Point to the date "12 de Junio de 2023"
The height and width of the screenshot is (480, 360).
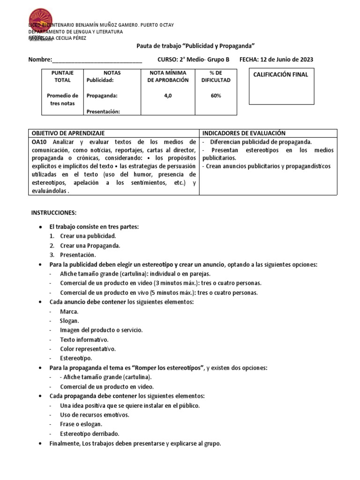tap(287, 60)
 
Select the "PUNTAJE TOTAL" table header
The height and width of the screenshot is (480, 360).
tap(62, 76)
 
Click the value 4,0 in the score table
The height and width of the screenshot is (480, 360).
tap(168, 96)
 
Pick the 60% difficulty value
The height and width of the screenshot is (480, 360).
tap(216, 96)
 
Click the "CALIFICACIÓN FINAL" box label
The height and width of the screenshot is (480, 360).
tap(281, 75)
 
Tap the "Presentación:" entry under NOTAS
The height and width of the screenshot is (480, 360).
tap(104, 111)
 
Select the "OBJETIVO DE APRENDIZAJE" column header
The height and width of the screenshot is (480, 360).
tap(68, 134)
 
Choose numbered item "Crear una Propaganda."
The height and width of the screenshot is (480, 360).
tap(90, 245)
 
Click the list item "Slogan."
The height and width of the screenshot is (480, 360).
tap(69, 321)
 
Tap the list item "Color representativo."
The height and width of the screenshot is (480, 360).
tap(88, 349)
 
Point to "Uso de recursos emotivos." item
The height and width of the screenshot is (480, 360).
tap(95, 415)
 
